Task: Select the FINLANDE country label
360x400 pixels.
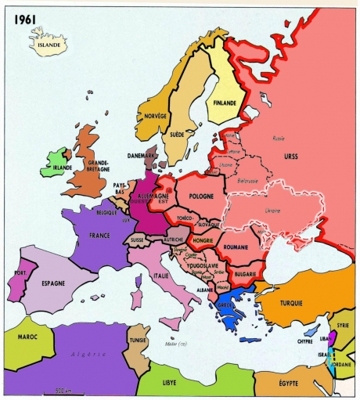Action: pos(223,101)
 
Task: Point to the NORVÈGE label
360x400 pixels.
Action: pos(156,116)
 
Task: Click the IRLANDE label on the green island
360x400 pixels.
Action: pos(62,167)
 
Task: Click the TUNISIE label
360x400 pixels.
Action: pos(139,341)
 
